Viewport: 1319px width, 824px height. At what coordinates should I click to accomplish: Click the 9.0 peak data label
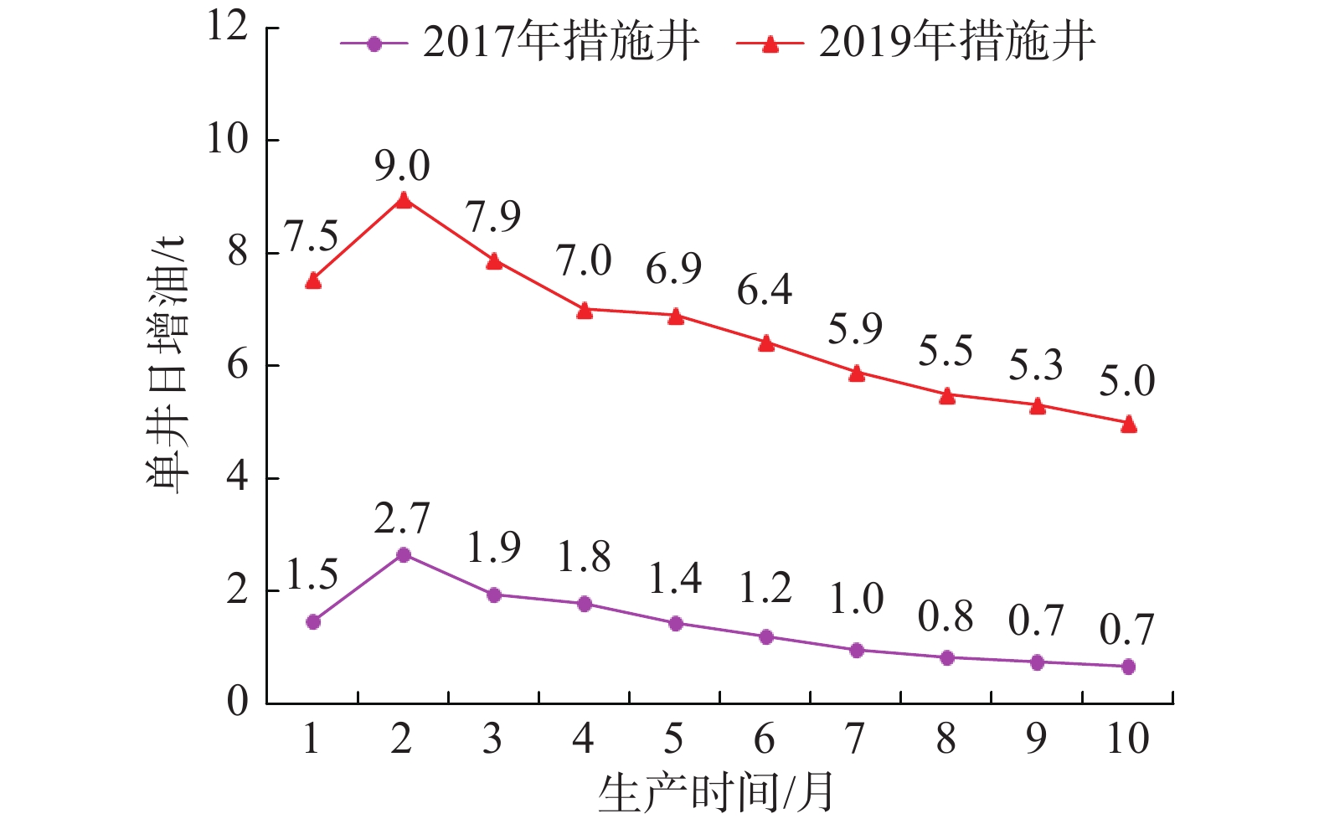pyautogui.click(x=402, y=166)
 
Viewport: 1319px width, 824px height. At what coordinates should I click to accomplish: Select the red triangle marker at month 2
pyautogui.click(x=404, y=200)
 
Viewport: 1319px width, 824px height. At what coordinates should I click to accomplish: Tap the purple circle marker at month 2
pyautogui.click(x=404, y=554)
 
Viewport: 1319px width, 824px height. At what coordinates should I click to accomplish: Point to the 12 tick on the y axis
pyautogui.click(x=227, y=27)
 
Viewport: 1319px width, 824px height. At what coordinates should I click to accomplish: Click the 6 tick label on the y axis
pyautogui.click(x=238, y=366)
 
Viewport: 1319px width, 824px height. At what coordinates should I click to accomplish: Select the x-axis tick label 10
pyautogui.click(x=1127, y=739)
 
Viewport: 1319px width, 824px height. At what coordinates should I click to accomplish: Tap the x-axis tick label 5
pyautogui.click(x=674, y=739)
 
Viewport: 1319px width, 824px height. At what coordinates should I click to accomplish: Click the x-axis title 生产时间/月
pyautogui.click(x=717, y=792)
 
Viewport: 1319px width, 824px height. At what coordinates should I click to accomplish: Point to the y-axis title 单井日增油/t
pyautogui.click(x=167, y=366)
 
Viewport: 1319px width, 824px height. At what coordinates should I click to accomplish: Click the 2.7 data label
pyautogui.click(x=402, y=519)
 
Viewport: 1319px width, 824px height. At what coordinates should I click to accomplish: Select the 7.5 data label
pyautogui.click(x=312, y=237)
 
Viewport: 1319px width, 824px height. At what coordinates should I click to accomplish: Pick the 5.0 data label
pyautogui.click(x=1127, y=381)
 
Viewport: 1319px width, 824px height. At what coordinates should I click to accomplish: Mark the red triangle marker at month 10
pyautogui.click(x=1128, y=425)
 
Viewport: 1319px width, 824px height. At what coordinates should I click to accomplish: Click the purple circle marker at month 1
pyautogui.click(x=313, y=621)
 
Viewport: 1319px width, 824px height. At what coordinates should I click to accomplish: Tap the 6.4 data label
pyautogui.click(x=765, y=290)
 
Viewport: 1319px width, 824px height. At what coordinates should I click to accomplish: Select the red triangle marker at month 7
pyautogui.click(x=856, y=373)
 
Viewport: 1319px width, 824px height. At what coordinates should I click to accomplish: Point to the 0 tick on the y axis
pyautogui.click(x=238, y=703)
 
